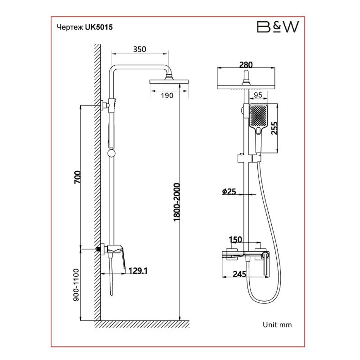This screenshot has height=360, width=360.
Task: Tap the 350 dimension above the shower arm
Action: tap(139, 49)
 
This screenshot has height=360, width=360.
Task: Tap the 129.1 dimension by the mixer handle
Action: tap(138, 271)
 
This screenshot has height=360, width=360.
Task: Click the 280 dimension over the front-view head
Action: tap(246, 65)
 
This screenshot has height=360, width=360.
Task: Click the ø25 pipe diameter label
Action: tap(229, 192)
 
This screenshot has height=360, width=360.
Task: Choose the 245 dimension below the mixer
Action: tap(240, 274)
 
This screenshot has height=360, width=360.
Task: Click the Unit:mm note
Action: tap(277, 324)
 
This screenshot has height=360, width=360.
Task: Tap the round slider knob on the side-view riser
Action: tap(111, 153)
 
